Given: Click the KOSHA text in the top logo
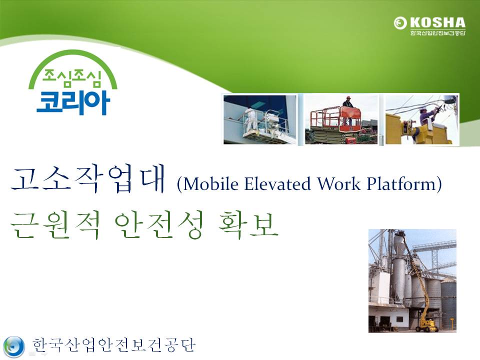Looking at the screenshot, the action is pyautogui.click(x=438, y=22).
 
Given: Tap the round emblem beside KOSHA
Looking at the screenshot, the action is pyautogui.click(x=400, y=23).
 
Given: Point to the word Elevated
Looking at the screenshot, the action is pyautogui.click(x=277, y=184).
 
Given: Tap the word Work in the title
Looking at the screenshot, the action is pyautogui.click(x=338, y=184).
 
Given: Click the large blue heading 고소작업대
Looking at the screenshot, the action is pyautogui.click(x=88, y=179).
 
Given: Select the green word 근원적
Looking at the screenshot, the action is pyautogui.click(x=55, y=225).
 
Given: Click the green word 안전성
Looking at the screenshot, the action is pyautogui.click(x=159, y=225).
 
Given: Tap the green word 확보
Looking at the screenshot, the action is pyautogui.click(x=248, y=225).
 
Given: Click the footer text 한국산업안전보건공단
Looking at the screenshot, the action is pyautogui.click(x=114, y=345).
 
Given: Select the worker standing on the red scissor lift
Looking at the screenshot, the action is pyautogui.click(x=348, y=102).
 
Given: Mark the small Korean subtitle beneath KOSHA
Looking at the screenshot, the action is pyautogui.click(x=438, y=33).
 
